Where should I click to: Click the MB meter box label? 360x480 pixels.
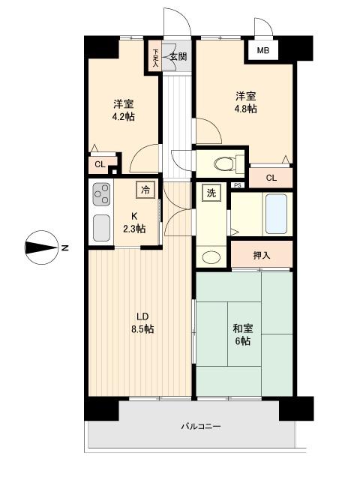[x=262, y=51]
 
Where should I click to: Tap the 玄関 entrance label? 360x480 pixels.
[x=177, y=56]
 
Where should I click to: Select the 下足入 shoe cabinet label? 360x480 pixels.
[x=156, y=58]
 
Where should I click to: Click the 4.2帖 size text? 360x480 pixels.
[x=124, y=117]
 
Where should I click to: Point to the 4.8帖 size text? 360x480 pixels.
[x=245, y=109]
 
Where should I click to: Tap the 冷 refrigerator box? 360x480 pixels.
[x=146, y=190]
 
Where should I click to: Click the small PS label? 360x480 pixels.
[x=237, y=186]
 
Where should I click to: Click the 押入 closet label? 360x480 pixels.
[x=261, y=255]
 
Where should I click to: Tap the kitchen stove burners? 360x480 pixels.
[x=100, y=196]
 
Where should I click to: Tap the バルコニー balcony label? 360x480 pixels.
[x=200, y=427]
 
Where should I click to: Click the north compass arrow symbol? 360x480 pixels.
[x=41, y=248]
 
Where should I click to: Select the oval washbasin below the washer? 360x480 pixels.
[x=211, y=257]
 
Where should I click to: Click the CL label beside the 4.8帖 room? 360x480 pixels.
[x=271, y=178]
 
